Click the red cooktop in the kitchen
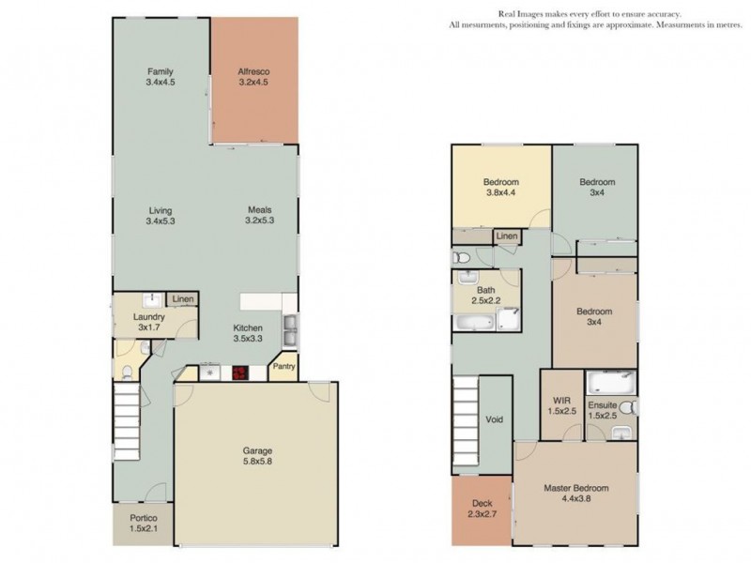(x=240, y=373)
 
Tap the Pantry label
(x=284, y=366)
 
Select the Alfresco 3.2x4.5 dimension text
(x=253, y=82)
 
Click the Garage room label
(x=257, y=450)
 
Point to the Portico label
(x=144, y=518)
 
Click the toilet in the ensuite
(x=628, y=408)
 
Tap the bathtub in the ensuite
(x=612, y=383)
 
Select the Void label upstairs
(x=495, y=419)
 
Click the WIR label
(x=561, y=401)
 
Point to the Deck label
(x=482, y=503)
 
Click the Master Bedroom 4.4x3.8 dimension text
(x=576, y=498)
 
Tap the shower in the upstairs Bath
(x=509, y=318)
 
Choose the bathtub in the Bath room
(x=474, y=322)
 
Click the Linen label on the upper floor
(x=507, y=236)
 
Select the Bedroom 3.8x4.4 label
(x=501, y=187)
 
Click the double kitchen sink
(x=290, y=331)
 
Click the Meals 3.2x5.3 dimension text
(x=260, y=221)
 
